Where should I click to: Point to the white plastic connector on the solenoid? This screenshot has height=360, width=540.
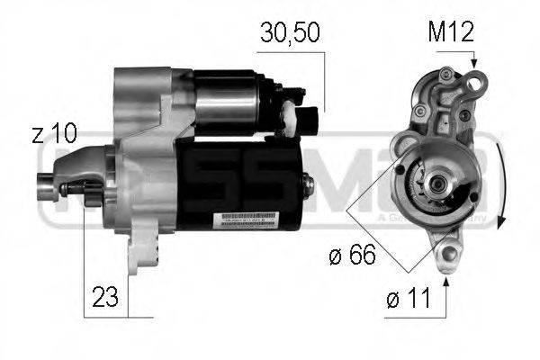(290, 112)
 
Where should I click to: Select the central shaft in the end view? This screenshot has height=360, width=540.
(437, 184)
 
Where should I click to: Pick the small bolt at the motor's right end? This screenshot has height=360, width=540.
(309, 184)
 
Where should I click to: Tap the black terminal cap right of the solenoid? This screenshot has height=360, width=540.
(310, 121)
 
